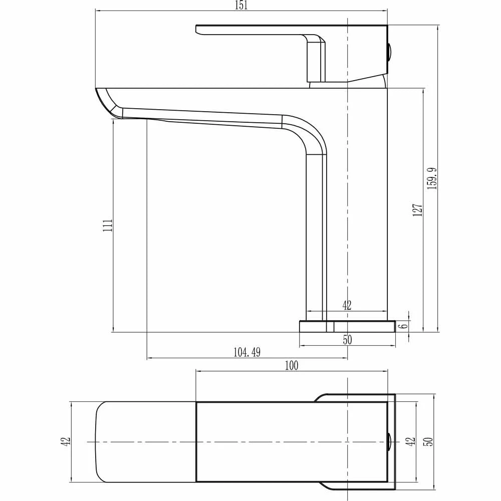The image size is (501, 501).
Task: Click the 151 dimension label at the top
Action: (x=240, y=6)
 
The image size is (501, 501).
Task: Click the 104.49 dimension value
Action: (x=247, y=353)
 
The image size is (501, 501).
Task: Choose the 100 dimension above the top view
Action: (x=291, y=366)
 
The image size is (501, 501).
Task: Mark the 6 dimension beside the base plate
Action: (x=403, y=326)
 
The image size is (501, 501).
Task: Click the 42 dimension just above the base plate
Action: (x=347, y=305)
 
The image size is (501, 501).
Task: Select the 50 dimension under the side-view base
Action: (x=347, y=340)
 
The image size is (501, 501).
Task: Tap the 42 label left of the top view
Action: (x=66, y=441)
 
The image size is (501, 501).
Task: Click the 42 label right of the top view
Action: (x=411, y=441)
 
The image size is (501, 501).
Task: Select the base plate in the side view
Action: (x=347, y=327)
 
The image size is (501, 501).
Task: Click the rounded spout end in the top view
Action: (x=100, y=441)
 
